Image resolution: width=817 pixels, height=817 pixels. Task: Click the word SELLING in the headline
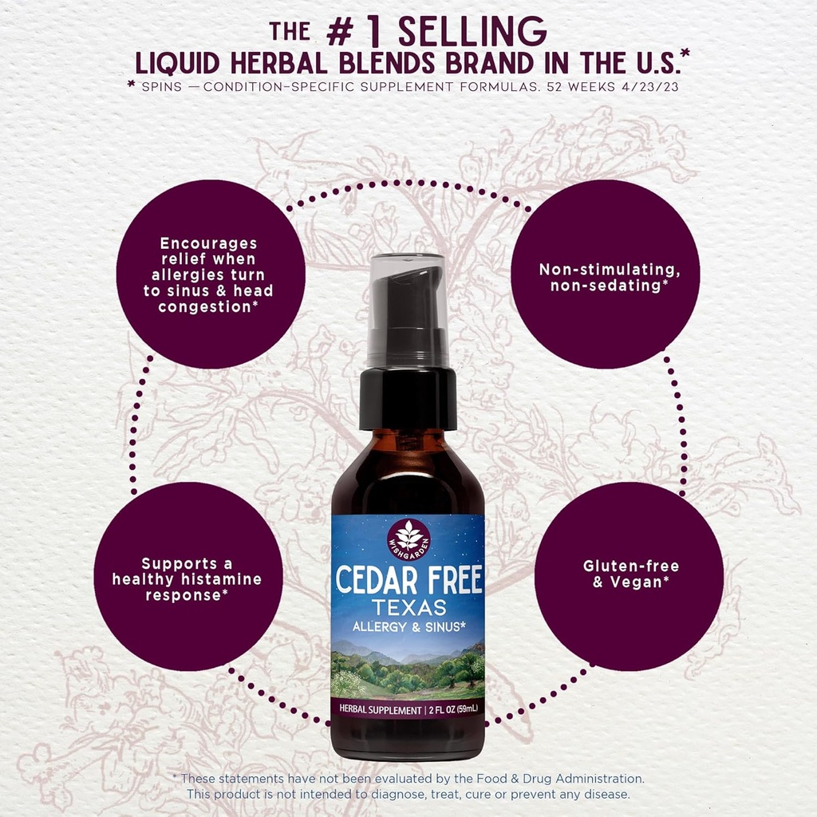click(472, 32)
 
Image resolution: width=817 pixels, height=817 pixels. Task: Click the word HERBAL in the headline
click(278, 64)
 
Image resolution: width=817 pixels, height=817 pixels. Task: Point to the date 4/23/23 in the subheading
click(650, 87)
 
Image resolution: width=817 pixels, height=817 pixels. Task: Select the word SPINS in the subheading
click(162, 87)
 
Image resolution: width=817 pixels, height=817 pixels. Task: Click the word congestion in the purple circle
click(204, 306)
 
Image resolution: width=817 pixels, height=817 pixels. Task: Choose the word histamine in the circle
click(223, 579)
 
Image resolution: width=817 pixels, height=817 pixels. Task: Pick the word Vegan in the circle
click(636, 582)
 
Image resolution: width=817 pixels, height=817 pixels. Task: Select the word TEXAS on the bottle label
click(409, 607)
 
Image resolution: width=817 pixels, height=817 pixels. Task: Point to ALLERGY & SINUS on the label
click(409, 627)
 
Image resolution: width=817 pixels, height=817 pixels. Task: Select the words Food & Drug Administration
click(560, 779)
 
